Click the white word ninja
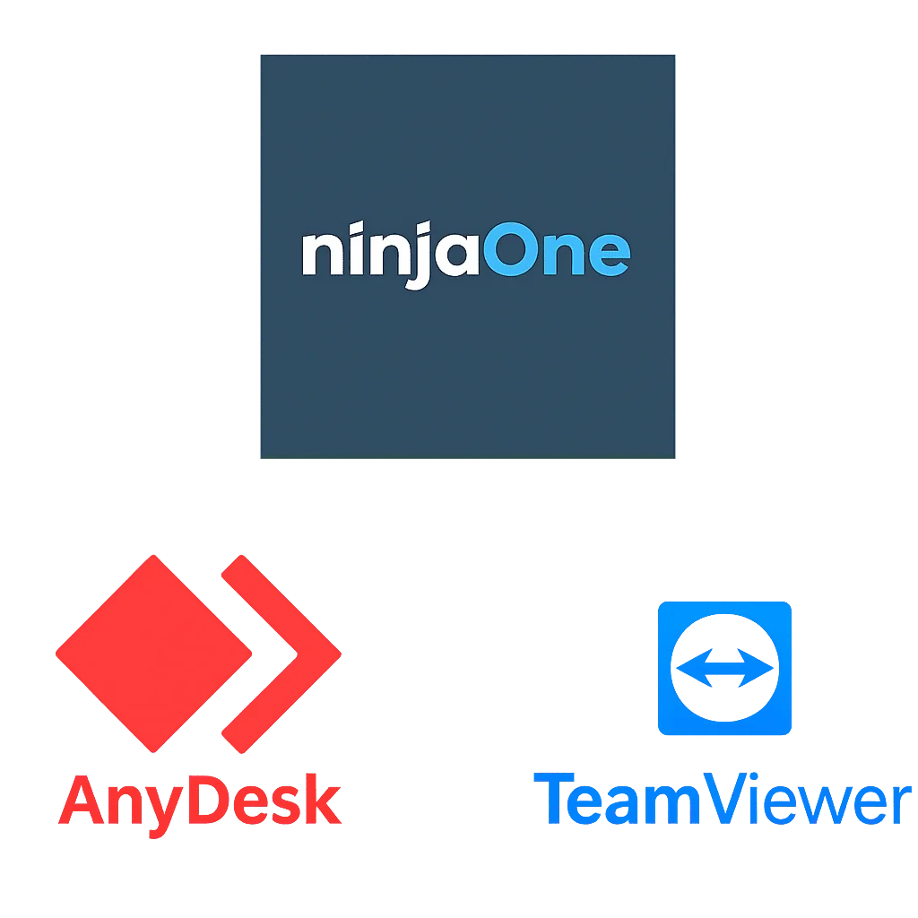click(x=391, y=255)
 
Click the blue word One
click(x=556, y=249)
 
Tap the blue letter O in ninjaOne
click(x=510, y=249)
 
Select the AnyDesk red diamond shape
click(x=153, y=654)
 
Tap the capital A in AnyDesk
click(x=82, y=800)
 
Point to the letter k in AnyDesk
click(x=322, y=799)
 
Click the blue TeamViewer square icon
click(x=724, y=668)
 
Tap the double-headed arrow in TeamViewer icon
click(x=724, y=668)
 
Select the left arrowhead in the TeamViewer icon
click(x=694, y=668)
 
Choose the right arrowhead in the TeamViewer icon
click(x=756, y=668)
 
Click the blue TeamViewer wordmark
click(x=723, y=799)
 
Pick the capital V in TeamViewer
click(x=727, y=799)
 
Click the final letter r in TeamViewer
click(x=902, y=805)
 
